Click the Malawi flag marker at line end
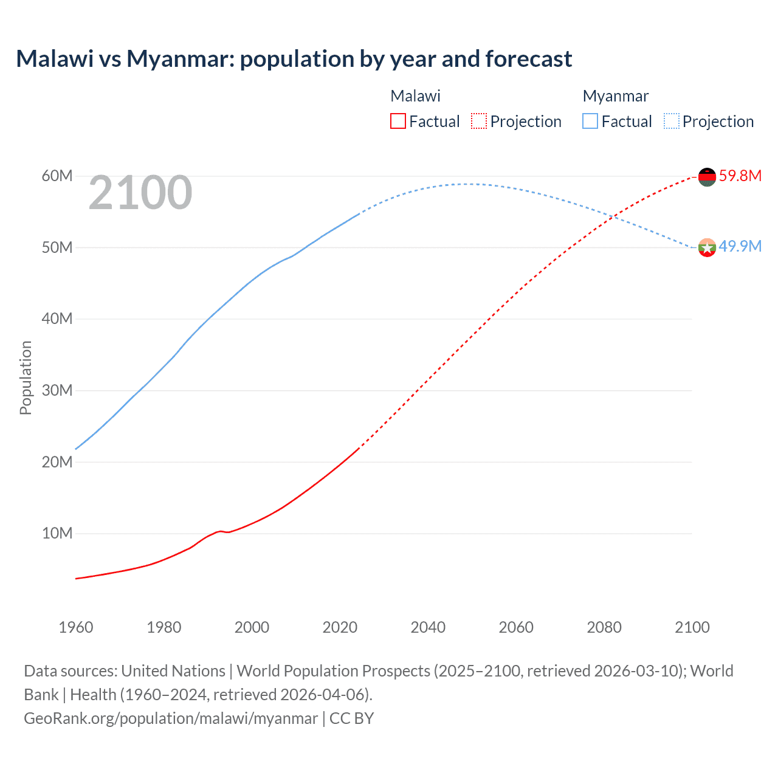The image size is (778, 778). [707, 177]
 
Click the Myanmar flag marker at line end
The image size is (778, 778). [707, 247]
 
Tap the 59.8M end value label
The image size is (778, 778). [740, 176]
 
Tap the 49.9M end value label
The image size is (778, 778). [740, 247]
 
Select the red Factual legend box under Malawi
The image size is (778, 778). [398, 121]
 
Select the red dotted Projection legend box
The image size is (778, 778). [479, 121]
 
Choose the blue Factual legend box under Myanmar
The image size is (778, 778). [590, 121]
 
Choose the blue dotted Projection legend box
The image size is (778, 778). [672, 121]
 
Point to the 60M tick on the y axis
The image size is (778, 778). [57, 176]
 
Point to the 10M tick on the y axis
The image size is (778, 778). [57, 534]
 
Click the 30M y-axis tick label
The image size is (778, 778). [57, 391]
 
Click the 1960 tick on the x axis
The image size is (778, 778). [76, 627]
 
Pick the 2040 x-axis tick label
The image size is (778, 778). [428, 627]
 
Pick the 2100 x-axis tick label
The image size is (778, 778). [692, 627]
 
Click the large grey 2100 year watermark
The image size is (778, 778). [140, 193]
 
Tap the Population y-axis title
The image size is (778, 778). [26, 377]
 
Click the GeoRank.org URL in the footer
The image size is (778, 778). [170, 718]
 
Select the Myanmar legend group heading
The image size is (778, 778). [615, 96]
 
